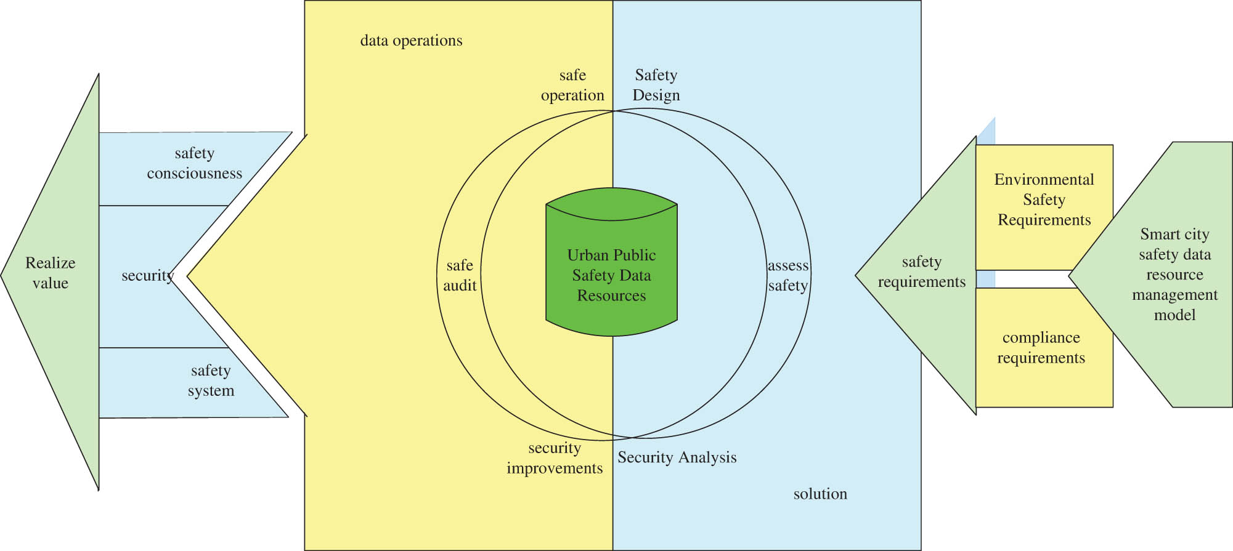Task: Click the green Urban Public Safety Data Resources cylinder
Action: tap(611, 271)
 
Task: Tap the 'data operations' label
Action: tap(411, 41)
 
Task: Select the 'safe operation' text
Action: tap(572, 85)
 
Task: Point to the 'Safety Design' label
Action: tap(656, 85)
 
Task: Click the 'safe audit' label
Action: tap(460, 275)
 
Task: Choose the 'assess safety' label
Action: tap(787, 275)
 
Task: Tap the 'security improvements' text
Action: tap(554, 458)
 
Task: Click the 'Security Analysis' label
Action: tap(677, 457)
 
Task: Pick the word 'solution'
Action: tap(820, 494)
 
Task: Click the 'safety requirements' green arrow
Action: tap(921, 271)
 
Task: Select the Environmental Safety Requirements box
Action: tap(1044, 200)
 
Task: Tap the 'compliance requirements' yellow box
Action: tap(1041, 348)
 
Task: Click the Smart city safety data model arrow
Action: tap(1174, 274)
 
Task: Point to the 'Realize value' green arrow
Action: tap(51, 273)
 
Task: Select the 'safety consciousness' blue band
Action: tap(194, 163)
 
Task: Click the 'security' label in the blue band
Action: tap(147, 275)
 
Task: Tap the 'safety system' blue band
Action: tap(211, 380)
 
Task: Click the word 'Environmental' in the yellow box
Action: tap(1044, 180)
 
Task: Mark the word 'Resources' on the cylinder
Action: tap(611, 296)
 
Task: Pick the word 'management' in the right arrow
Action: tap(1174, 295)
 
